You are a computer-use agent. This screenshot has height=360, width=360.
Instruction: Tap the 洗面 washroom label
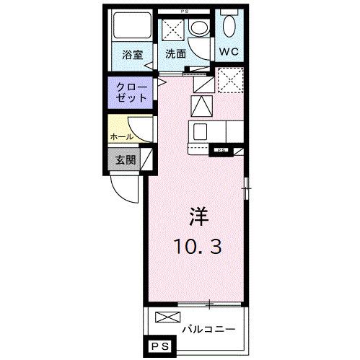175,53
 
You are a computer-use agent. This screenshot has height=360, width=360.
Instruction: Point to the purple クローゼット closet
131,92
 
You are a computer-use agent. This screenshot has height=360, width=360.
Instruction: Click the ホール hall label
120,136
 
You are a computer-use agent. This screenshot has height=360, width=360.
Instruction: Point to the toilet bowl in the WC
229,27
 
